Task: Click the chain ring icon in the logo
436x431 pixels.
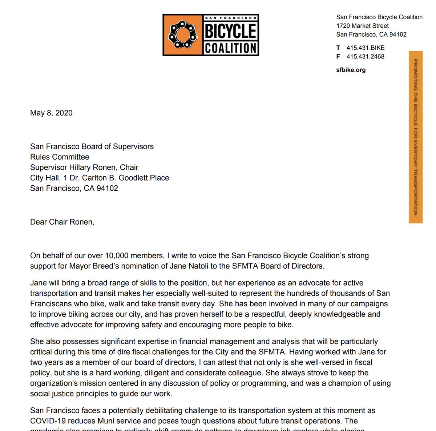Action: (x=182, y=35)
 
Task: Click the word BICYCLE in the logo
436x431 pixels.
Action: (x=231, y=31)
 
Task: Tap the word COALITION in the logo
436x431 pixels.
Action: (x=231, y=48)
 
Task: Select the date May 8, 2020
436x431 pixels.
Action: (x=51, y=113)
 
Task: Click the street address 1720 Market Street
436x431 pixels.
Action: (x=362, y=26)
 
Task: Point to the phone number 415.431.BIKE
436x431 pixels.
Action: (x=365, y=48)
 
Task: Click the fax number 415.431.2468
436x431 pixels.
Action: (x=365, y=56)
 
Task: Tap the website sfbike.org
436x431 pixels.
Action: (x=351, y=70)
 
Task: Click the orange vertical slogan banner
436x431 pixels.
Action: (x=415, y=137)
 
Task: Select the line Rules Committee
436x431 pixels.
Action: (x=60, y=157)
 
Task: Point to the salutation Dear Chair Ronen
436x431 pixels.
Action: (x=62, y=222)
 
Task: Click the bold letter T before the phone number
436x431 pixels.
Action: (x=338, y=48)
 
